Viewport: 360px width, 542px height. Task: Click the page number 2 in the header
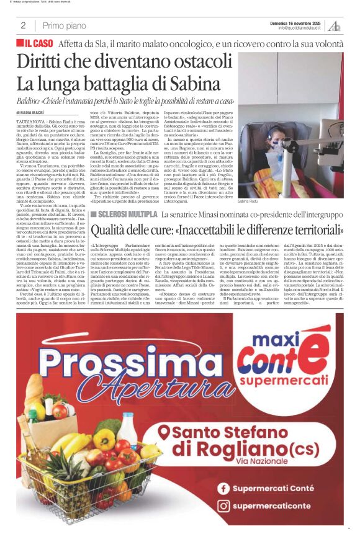pyautogui.click(x=23, y=25)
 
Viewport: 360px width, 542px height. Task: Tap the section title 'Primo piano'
pyautogui.click(x=65, y=25)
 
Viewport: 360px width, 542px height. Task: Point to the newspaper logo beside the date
pyautogui.click(x=335, y=25)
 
